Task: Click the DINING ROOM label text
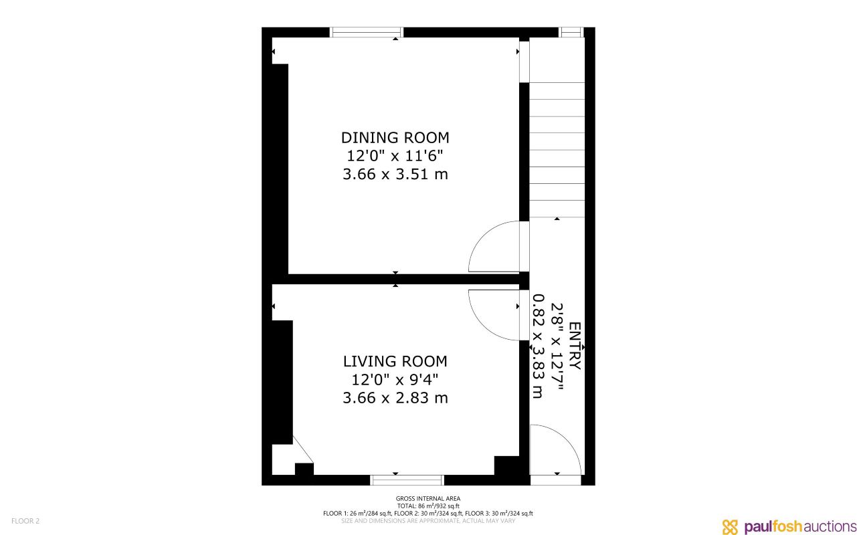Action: [395, 138]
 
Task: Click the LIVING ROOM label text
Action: [395, 362]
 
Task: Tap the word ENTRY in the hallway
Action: [575, 346]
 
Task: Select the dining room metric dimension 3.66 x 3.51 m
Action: [395, 175]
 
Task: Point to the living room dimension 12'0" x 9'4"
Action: [395, 380]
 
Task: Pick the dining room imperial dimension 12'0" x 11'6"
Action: [395, 156]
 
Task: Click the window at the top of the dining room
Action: [367, 32]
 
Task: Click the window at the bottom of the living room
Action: [407, 479]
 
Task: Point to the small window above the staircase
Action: [571, 32]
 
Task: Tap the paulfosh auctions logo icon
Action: [730, 526]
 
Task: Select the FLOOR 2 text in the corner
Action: [25, 521]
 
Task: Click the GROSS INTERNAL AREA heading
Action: [428, 498]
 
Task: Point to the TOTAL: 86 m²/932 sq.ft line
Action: [428, 506]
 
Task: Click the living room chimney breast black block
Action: [282, 381]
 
